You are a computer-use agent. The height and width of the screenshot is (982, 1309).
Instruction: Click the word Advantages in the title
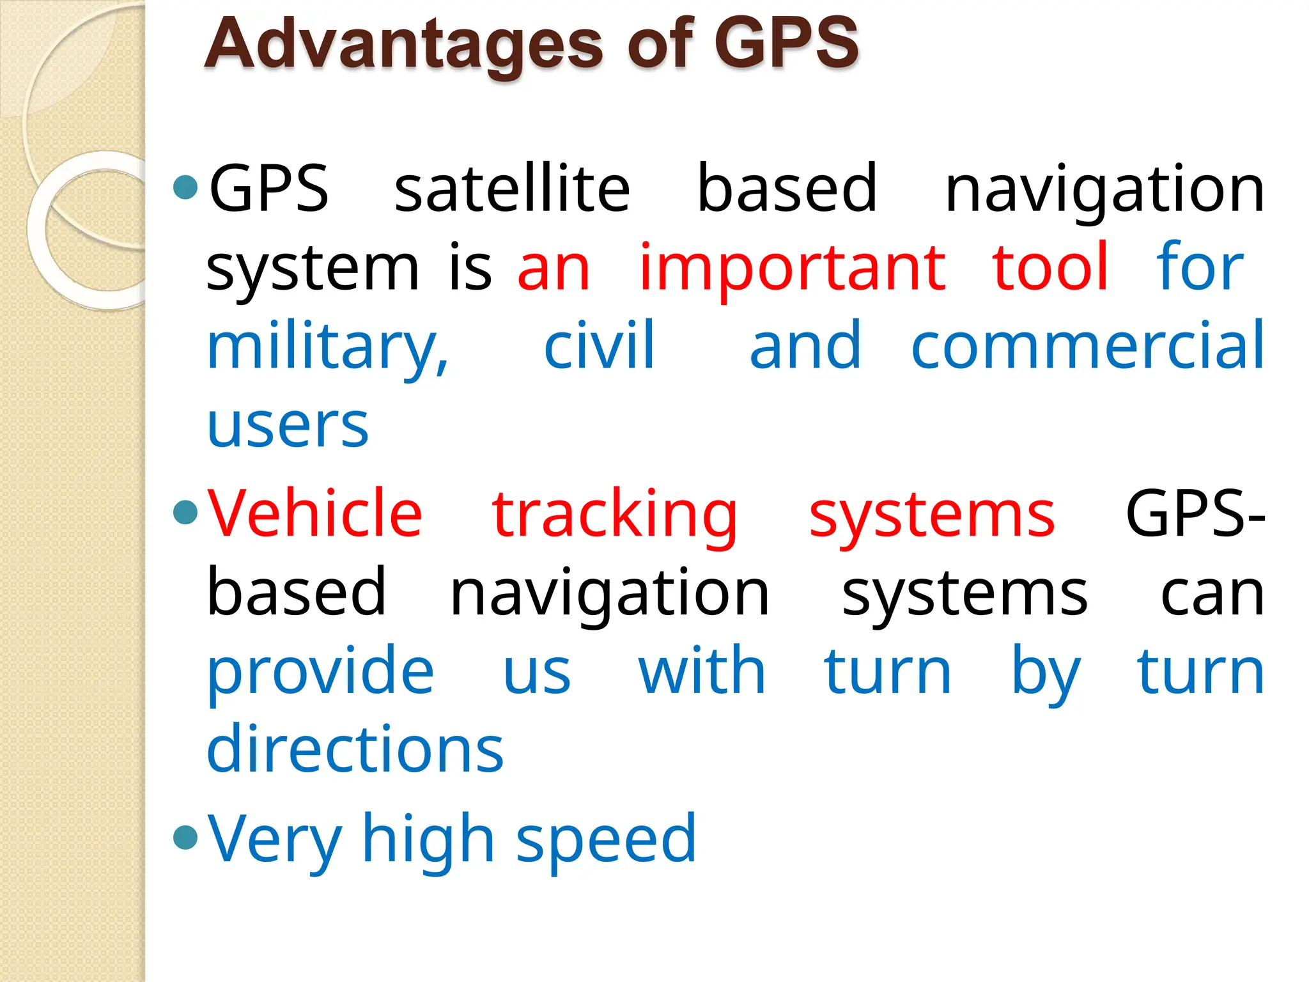[403, 45]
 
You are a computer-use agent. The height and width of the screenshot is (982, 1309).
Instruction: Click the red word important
[793, 269]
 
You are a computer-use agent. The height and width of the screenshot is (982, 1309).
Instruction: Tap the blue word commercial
[1087, 347]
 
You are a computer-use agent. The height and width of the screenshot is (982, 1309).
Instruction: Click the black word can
[1212, 595]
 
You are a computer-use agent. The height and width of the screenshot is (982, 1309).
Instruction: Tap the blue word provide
[321, 673]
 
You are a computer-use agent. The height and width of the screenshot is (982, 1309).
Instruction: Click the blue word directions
[355, 749]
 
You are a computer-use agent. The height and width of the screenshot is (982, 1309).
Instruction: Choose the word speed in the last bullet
[605, 840]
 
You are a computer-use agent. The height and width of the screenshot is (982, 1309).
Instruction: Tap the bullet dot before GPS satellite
[185, 187]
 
